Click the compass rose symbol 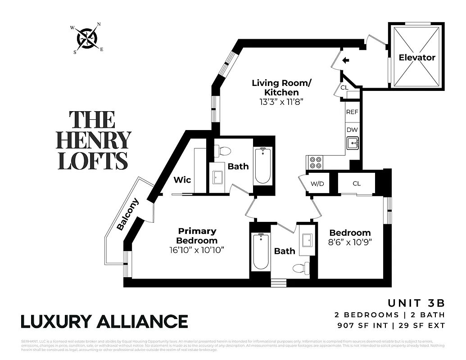86,38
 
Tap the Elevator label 417,58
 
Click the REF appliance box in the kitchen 352,112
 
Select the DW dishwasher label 352,130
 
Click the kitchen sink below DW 353,144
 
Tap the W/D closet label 317,184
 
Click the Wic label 182,180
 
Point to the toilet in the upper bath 222,151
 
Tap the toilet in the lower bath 301,269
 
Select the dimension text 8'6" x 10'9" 350,243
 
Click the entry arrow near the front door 345,60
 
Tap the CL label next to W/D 357,184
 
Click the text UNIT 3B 416,303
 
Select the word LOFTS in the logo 93,161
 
